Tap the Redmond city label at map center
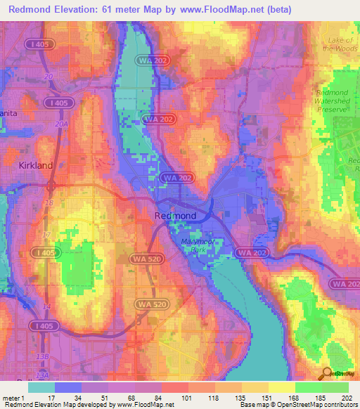pyautogui.click(x=175, y=216)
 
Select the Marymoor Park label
pyautogui.click(x=191, y=247)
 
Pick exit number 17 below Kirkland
pyautogui.click(x=46, y=235)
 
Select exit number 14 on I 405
pyautogui.click(x=46, y=307)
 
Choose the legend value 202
pyautogui.click(x=345, y=397)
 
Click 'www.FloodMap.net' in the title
pyautogui.click(x=214, y=10)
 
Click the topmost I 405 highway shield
pyautogui.click(x=41, y=45)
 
